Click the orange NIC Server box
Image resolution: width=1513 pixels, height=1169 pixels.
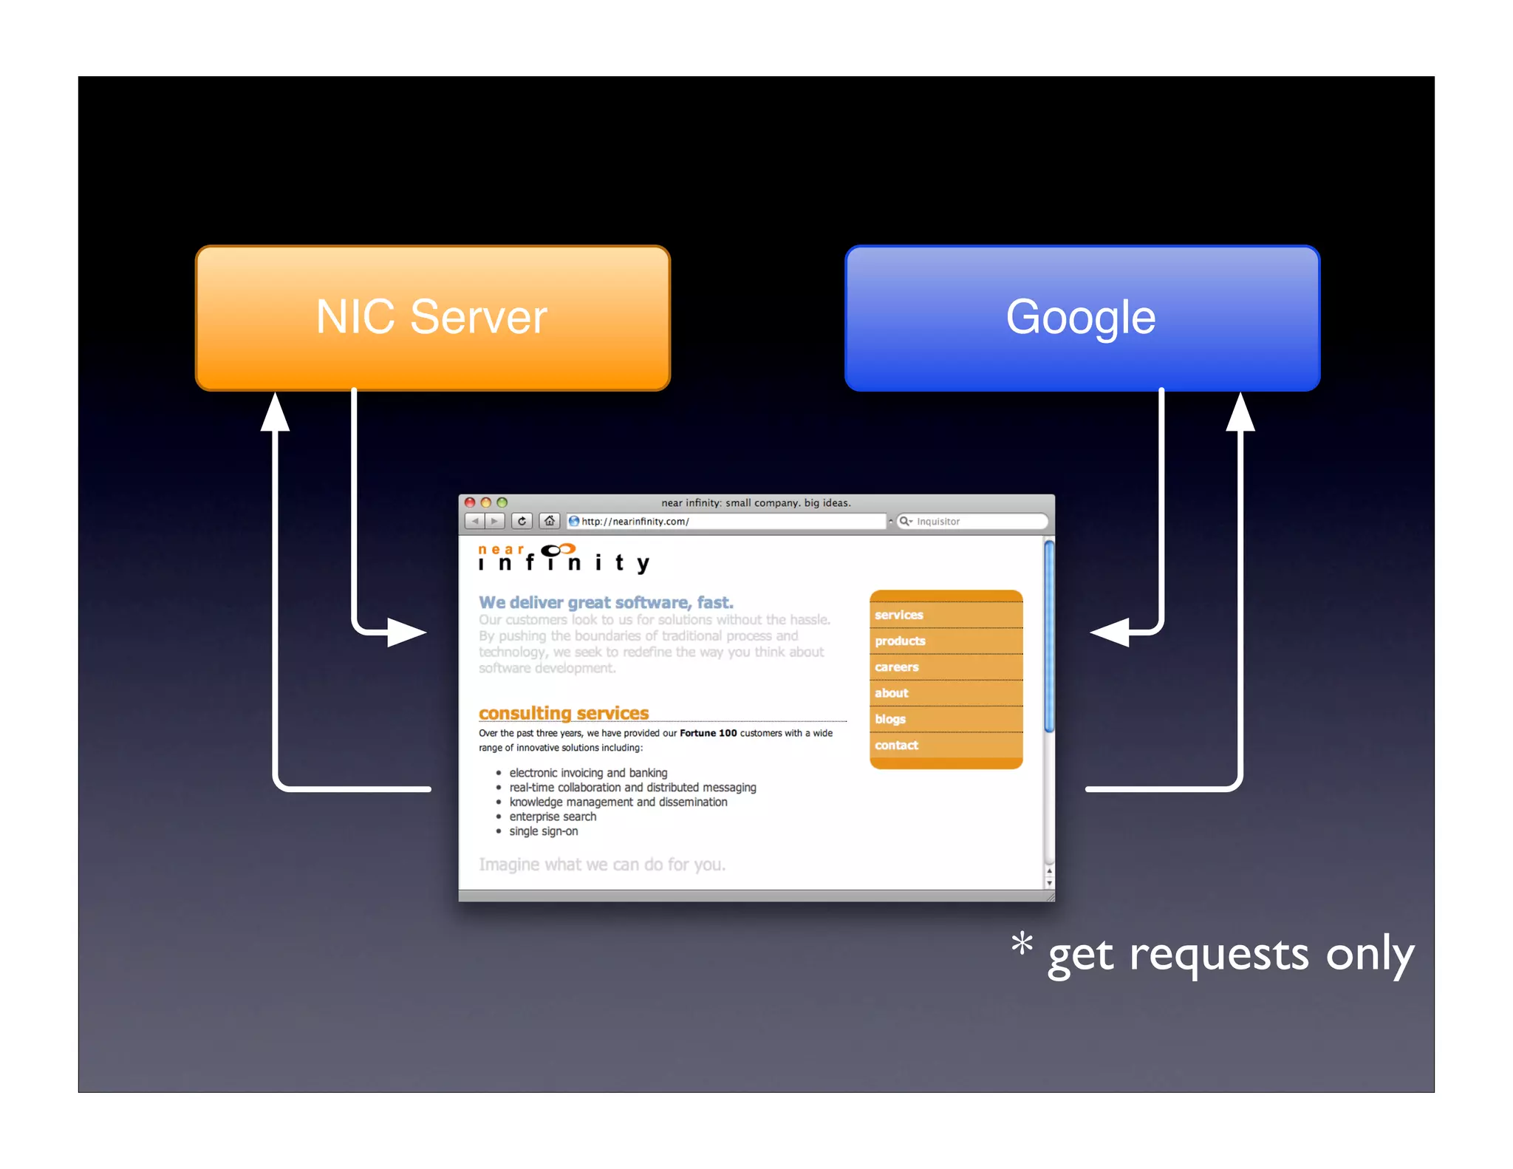click(x=432, y=318)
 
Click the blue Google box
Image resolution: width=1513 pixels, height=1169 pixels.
click(x=1082, y=318)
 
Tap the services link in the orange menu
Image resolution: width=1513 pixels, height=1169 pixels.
click(x=898, y=615)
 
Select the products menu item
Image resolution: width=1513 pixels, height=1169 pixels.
click(x=900, y=641)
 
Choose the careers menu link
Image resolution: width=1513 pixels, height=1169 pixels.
click(x=896, y=667)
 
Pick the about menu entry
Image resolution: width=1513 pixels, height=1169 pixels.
click(x=891, y=693)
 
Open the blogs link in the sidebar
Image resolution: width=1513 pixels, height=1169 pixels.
click(x=889, y=719)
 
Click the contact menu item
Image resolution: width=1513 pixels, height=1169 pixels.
click(x=896, y=745)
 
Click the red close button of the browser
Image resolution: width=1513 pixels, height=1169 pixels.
click(x=470, y=502)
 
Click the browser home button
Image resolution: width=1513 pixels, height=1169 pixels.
click(x=549, y=521)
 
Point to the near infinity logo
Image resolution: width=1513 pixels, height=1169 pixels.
click(x=563, y=559)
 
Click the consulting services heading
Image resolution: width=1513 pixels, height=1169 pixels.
click(x=564, y=713)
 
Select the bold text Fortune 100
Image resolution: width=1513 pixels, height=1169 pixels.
click(x=708, y=733)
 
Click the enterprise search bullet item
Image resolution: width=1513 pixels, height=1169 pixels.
click(x=553, y=817)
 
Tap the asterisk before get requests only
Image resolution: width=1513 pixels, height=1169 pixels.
click(x=1022, y=944)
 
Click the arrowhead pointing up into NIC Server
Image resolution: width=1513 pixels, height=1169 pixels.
click(x=276, y=412)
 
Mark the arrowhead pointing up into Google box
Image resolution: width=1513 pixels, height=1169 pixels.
click(x=1240, y=412)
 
